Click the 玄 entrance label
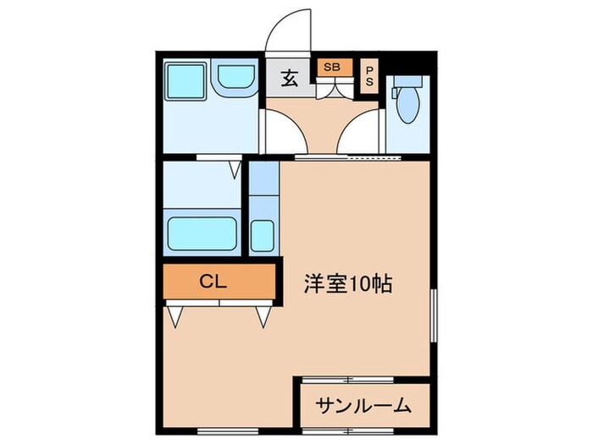(289, 80)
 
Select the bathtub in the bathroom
(201, 233)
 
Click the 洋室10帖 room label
(347, 284)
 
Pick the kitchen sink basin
(263, 236)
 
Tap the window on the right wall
(434, 314)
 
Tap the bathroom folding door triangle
(235, 169)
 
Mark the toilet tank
(408, 83)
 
